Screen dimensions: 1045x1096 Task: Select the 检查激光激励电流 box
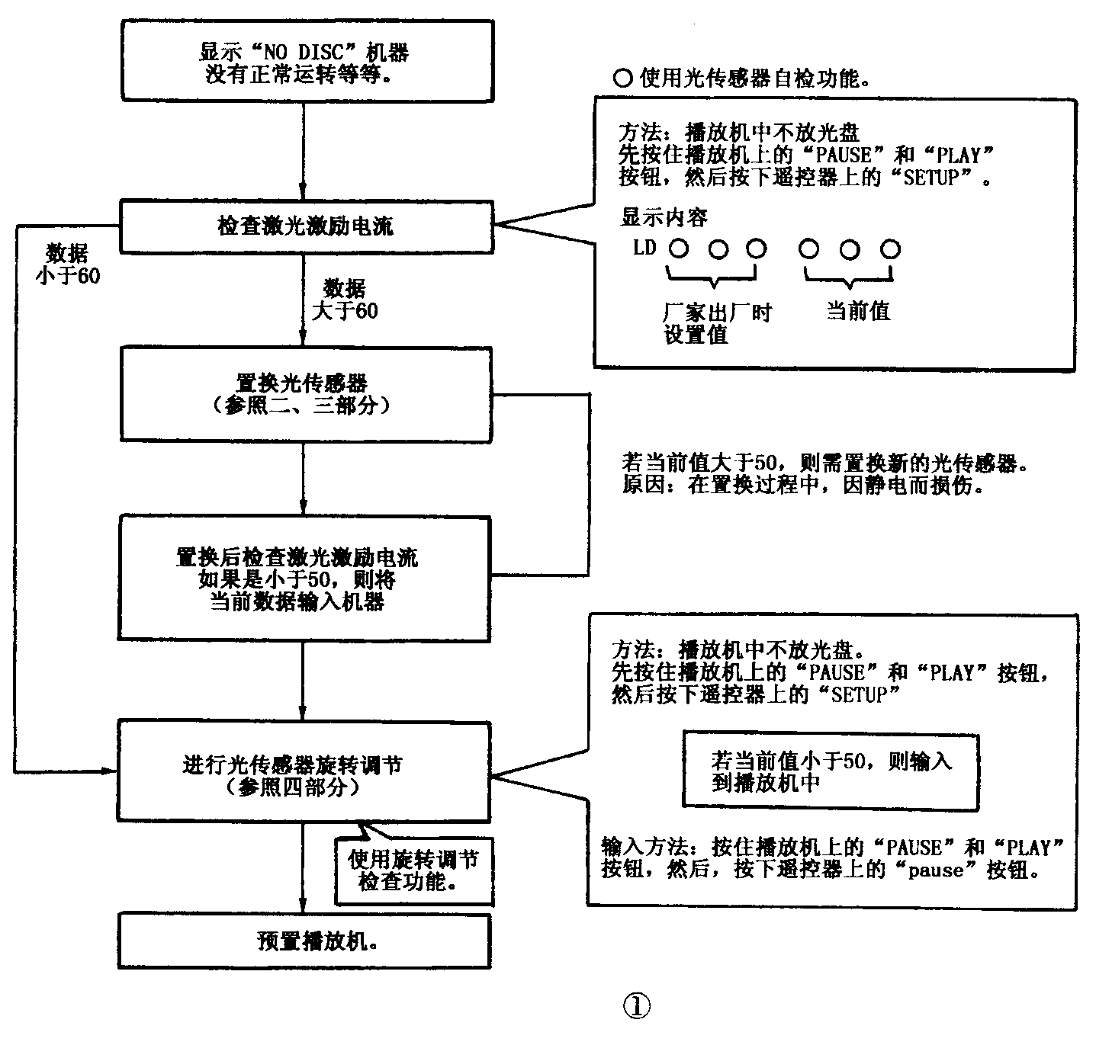coord(304,226)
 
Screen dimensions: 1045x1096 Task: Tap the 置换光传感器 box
coord(304,393)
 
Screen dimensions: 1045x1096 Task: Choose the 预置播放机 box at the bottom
coord(304,941)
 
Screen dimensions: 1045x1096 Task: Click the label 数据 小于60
coord(67,264)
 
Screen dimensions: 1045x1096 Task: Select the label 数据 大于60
coord(345,300)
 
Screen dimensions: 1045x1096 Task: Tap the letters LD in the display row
coord(644,248)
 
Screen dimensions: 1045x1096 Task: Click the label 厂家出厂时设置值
coord(716,323)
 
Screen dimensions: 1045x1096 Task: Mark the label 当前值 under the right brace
coord(858,311)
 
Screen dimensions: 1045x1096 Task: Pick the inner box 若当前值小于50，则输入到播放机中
coord(830,771)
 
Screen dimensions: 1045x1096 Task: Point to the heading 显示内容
coord(664,218)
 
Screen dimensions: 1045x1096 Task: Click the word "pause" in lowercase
coord(936,870)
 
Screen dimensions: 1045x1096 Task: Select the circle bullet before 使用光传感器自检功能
coord(623,78)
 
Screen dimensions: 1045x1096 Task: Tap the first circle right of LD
coord(678,248)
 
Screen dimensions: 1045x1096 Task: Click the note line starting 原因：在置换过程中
coord(801,486)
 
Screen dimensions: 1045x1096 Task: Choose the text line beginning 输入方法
coord(831,848)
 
